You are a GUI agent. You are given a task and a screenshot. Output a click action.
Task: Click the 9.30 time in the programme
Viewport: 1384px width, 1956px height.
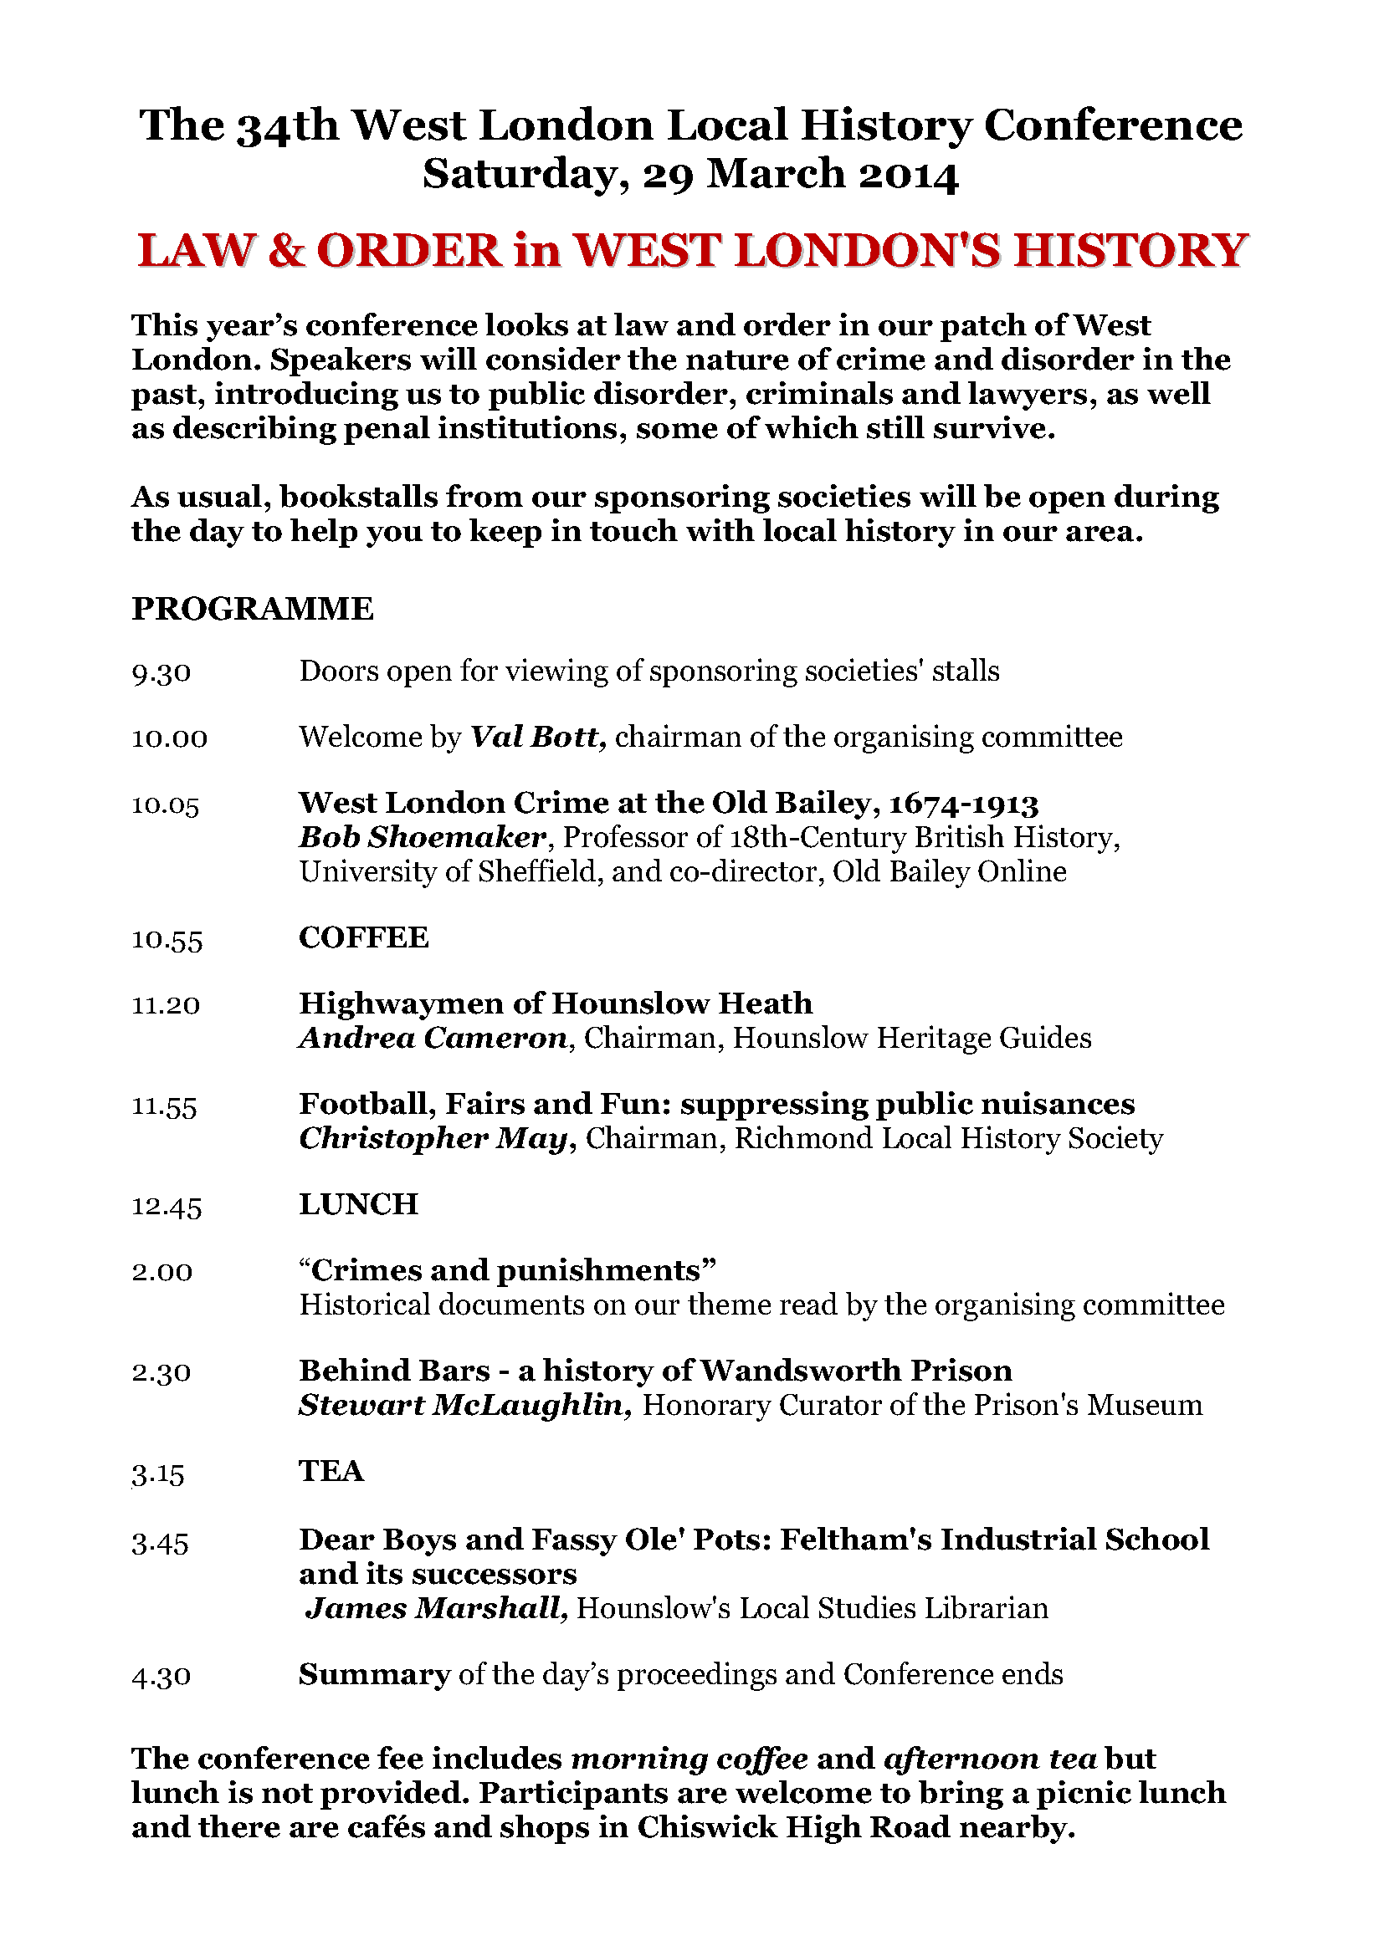(x=161, y=673)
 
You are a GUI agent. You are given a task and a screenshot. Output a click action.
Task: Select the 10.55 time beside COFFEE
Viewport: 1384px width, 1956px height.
(x=167, y=940)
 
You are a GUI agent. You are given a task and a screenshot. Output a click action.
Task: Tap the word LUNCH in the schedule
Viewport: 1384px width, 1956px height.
(x=358, y=1204)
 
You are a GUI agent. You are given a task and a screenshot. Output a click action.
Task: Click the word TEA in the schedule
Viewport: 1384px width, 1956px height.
(x=331, y=1471)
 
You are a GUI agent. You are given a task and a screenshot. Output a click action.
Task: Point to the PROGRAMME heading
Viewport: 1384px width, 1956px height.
(x=252, y=609)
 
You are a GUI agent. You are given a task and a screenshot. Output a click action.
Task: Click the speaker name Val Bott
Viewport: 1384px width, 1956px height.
(x=538, y=737)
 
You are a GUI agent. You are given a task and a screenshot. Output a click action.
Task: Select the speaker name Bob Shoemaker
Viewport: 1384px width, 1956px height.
(x=421, y=838)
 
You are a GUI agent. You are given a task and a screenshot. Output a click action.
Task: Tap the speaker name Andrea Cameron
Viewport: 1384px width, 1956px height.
(x=433, y=1039)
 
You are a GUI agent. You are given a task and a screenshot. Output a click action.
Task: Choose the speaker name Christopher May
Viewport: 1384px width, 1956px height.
(x=433, y=1139)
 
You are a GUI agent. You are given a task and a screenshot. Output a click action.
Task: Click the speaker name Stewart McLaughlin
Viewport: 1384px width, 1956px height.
(x=464, y=1406)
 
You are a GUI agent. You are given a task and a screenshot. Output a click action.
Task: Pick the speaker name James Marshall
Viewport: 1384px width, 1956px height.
(x=436, y=1608)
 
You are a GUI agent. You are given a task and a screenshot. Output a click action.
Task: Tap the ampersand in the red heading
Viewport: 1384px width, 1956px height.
(x=285, y=251)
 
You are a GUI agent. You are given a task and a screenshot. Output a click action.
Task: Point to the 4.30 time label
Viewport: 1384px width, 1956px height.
(x=161, y=1677)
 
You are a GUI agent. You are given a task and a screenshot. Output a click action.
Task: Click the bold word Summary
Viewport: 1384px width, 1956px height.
(x=374, y=1675)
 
